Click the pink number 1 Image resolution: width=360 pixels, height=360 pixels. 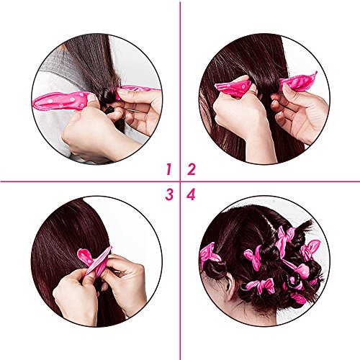click(x=169, y=169)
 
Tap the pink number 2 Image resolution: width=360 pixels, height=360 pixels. click(x=192, y=169)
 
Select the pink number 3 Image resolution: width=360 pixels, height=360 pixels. click(x=169, y=194)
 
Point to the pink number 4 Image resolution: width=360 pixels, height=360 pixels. click(x=191, y=194)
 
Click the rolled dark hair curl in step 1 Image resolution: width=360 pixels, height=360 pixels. click(x=109, y=96)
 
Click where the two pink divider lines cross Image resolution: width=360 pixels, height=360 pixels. click(x=180, y=181)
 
